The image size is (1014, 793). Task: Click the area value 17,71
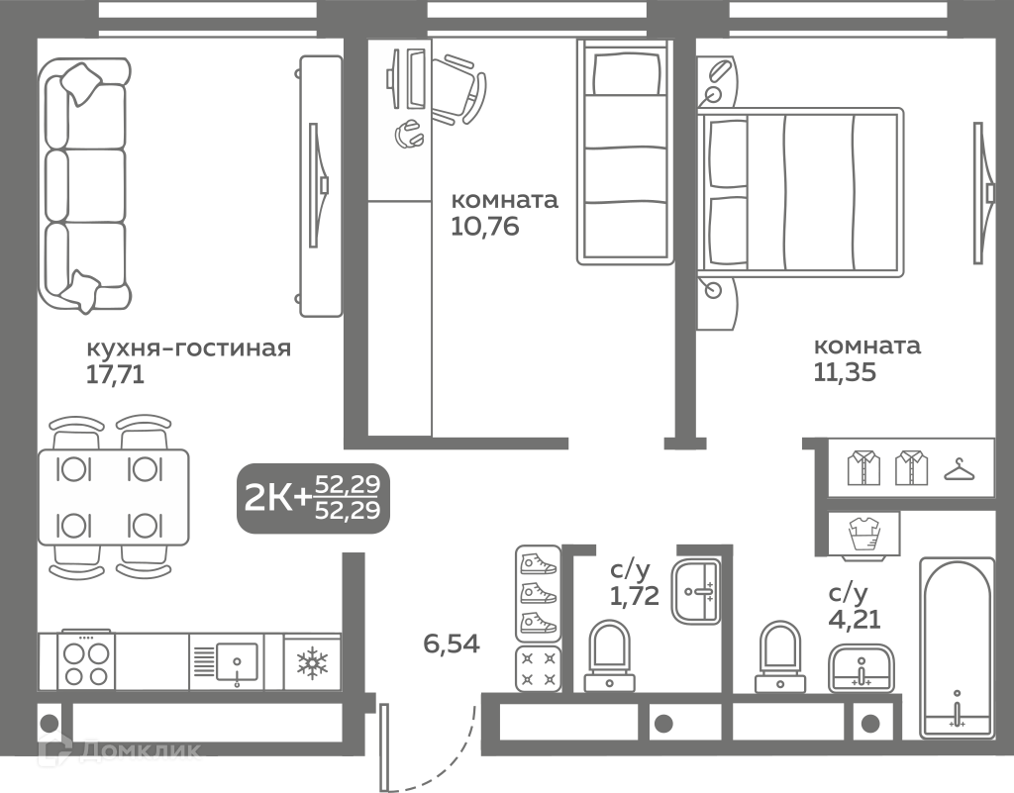[115, 375]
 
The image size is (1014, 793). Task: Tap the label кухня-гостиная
[188, 348]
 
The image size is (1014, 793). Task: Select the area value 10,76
[485, 227]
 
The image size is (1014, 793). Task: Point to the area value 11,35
[845, 372]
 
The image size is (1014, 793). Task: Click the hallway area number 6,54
[452, 644]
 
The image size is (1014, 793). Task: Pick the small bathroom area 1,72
[635, 595]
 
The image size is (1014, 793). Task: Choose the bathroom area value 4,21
[855, 620]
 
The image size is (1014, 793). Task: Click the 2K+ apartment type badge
[314, 498]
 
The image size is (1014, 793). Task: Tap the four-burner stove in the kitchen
[87, 661]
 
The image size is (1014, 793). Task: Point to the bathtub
[958, 648]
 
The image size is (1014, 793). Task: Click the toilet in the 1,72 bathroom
[609, 656]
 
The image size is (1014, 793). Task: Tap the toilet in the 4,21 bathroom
[780, 656]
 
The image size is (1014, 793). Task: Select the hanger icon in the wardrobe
[960, 470]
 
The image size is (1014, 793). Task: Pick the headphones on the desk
[408, 135]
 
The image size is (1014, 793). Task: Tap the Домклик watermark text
[141, 749]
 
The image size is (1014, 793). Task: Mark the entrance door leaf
[385, 747]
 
